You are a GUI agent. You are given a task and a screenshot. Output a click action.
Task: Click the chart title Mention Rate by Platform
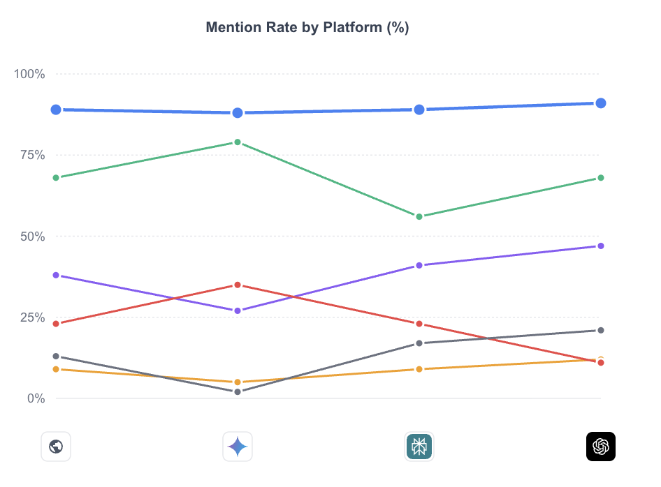point(307,27)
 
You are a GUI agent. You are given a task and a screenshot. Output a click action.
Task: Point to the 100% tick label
point(29,74)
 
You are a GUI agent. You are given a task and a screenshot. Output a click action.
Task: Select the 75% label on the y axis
point(31,155)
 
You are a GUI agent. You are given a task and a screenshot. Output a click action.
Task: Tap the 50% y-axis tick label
point(31,237)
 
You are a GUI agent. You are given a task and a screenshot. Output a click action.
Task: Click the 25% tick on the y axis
point(31,317)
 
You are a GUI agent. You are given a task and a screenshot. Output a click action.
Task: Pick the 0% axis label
point(36,398)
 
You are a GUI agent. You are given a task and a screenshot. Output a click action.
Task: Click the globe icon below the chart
point(56,447)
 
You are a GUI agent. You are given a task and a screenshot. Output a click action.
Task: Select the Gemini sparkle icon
point(238,447)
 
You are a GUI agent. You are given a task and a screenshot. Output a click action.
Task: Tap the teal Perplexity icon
point(419,447)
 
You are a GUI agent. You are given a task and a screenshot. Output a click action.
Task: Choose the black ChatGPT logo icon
point(600,447)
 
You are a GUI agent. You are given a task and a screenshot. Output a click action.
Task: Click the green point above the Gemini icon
point(238,142)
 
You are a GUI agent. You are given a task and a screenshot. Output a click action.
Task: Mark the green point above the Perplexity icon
point(419,216)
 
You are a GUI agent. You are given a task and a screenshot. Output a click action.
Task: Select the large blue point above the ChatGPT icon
point(600,103)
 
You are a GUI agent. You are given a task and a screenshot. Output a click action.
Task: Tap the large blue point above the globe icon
point(56,110)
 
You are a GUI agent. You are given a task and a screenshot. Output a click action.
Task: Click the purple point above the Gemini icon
point(238,310)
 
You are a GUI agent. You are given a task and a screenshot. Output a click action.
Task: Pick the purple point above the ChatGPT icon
point(600,246)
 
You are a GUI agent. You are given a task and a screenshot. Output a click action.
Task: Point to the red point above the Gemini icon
point(238,285)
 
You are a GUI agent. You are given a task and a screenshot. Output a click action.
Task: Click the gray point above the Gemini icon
point(238,391)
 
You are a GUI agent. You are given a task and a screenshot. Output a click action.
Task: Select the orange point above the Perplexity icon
point(419,369)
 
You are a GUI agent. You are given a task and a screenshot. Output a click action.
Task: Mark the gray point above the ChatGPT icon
point(600,330)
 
